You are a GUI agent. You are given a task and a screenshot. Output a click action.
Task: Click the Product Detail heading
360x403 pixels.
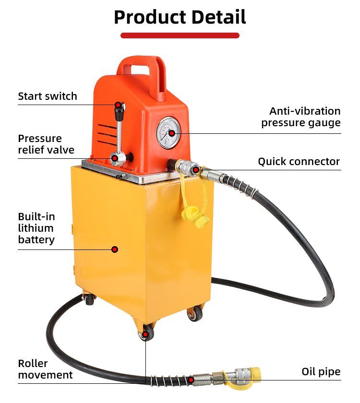tap(180, 17)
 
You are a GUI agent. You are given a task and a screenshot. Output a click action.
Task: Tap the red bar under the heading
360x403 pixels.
tap(180, 36)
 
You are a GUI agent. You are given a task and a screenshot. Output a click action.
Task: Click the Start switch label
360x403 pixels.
tap(48, 96)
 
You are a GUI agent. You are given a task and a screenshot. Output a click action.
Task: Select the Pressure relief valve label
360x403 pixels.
tap(46, 144)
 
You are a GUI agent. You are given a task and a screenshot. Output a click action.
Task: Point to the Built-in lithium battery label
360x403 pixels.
tap(36, 228)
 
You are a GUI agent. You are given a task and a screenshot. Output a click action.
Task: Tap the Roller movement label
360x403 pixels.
tap(45, 369)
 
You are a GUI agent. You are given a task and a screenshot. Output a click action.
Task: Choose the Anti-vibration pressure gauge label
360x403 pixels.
tap(301, 117)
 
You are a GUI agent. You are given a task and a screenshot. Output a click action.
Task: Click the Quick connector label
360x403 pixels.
tap(299, 161)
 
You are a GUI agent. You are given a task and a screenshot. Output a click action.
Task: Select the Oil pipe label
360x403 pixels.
tap(321, 371)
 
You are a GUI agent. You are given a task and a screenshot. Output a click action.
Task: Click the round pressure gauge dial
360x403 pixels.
tap(168, 132)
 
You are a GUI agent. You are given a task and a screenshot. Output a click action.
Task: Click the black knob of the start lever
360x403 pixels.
tap(120, 111)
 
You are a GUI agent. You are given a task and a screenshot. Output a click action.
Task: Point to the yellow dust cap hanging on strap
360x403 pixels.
tap(195, 218)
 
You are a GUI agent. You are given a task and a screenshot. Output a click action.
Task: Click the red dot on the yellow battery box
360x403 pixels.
tap(115, 249)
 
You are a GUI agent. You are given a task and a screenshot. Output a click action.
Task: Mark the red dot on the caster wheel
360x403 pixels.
tap(145, 334)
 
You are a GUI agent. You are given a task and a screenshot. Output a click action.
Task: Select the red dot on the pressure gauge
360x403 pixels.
tap(172, 133)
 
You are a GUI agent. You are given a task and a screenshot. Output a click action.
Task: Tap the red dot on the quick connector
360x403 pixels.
tap(196, 170)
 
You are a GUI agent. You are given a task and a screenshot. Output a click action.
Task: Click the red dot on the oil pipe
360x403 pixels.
tap(191, 380)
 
